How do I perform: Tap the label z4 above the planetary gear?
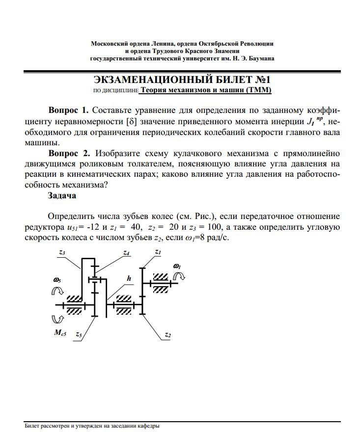click(x=126, y=253)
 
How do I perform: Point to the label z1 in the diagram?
click(x=158, y=252)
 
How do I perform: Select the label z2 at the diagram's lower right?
click(x=168, y=335)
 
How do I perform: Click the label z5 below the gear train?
click(x=79, y=334)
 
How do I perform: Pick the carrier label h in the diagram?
click(x=129, y=278)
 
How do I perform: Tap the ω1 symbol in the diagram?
click(x=177, y=267)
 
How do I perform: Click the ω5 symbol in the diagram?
click(x=57, y=280)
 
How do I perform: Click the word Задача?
click(x=62, y=195)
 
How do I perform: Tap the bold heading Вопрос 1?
click(x=68, y=109)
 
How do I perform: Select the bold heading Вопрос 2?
click(x=68, y=153)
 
